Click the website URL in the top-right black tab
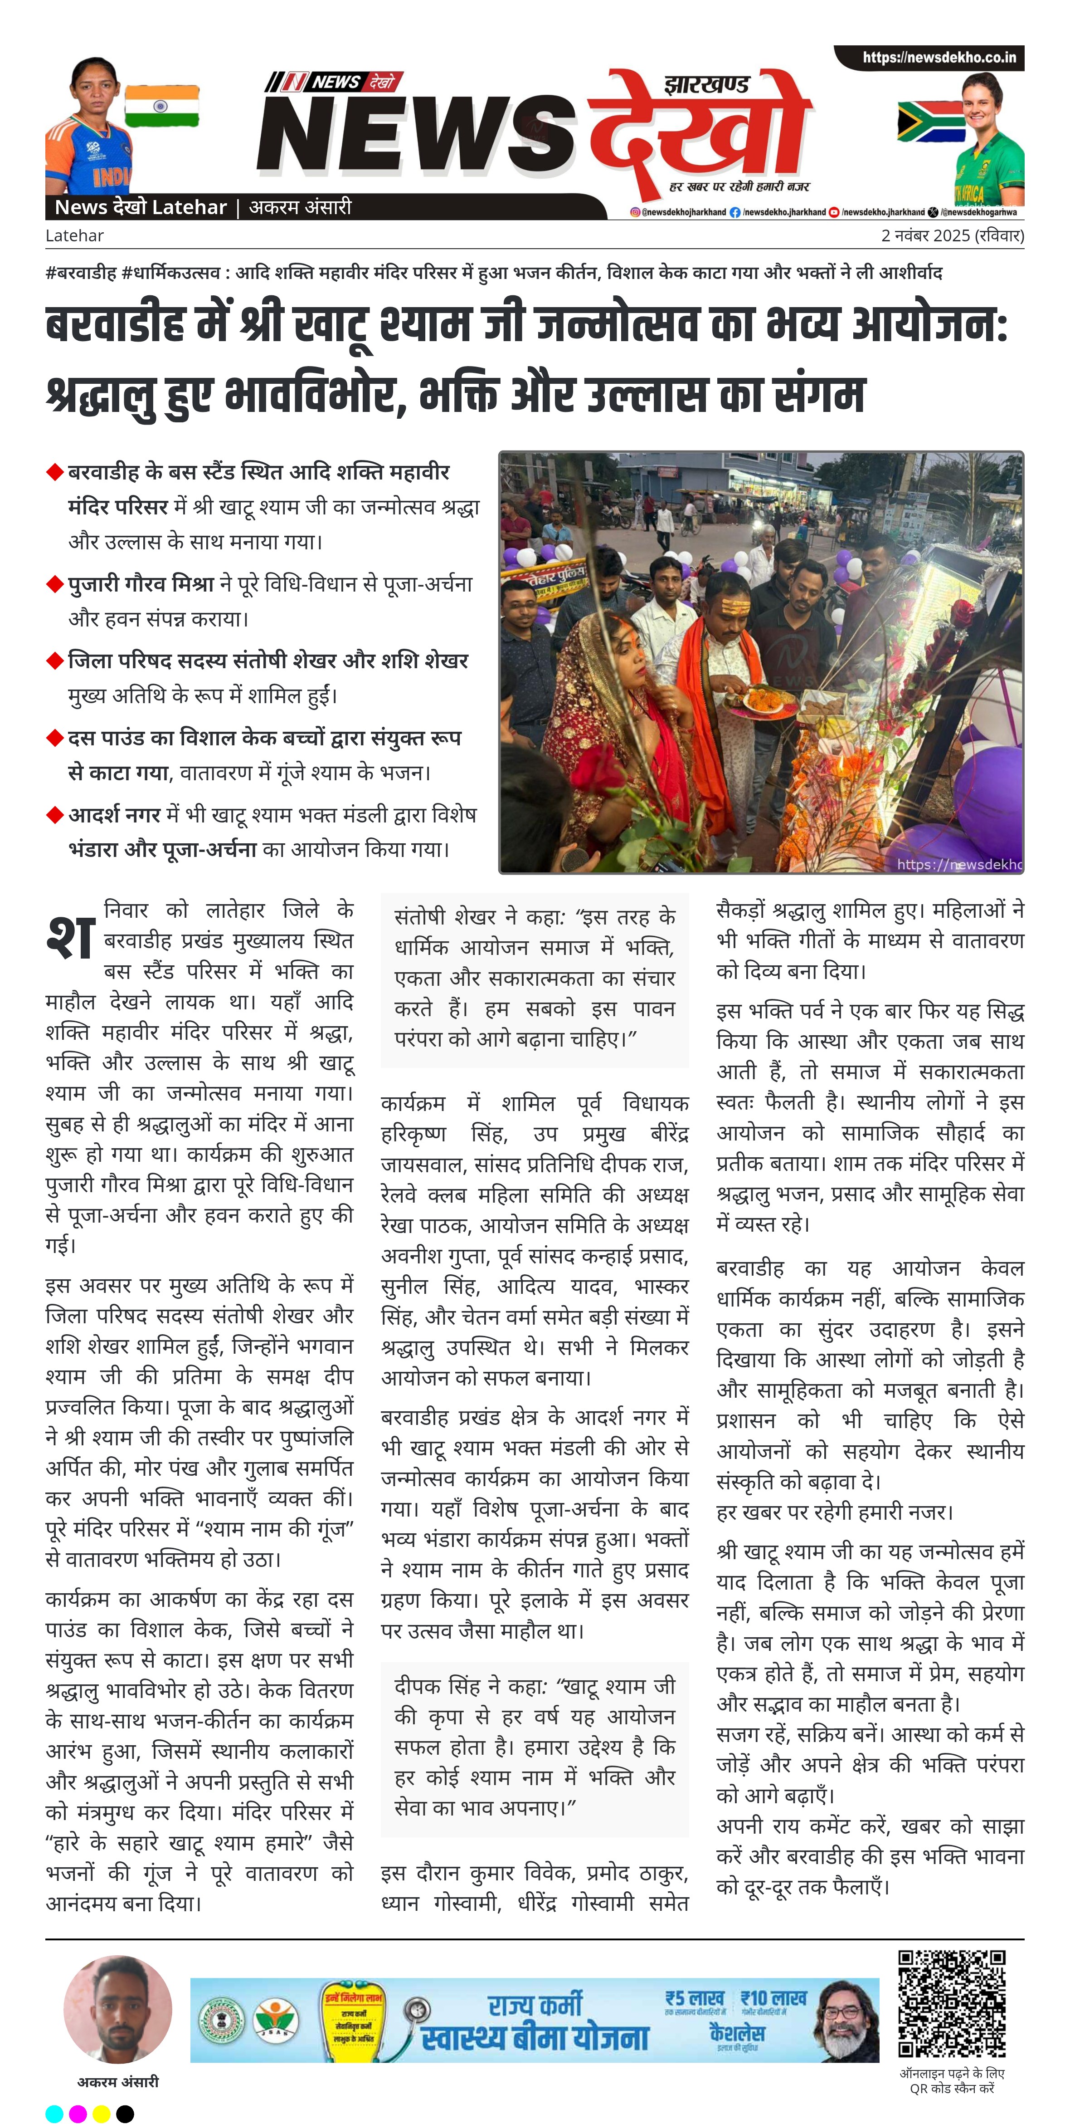tap(939, 58)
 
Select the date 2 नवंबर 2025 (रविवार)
tap(952, 236)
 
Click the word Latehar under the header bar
tap(74, 236)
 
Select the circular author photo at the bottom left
tap(118, 2009)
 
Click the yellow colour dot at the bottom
tap(102, 2113)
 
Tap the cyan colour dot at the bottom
tap(53, 2113)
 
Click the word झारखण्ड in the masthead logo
tap(706, 85)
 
